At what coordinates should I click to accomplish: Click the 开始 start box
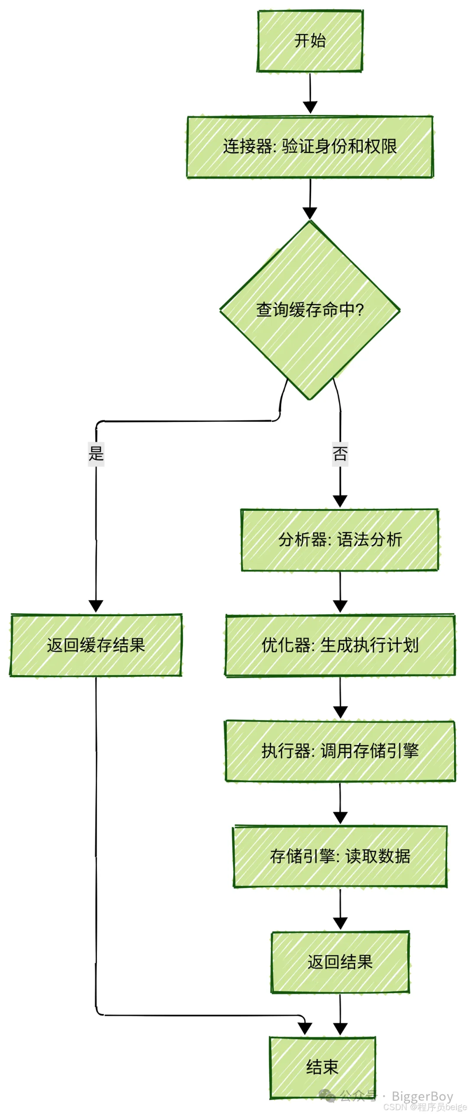point(310,41)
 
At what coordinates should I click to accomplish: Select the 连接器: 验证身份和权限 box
point(310,147)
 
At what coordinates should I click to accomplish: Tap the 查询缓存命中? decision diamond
point(310,310)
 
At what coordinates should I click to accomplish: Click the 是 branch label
point(96,454)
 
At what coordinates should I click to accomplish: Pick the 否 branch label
point(340,454)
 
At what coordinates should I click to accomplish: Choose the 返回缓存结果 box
point(96,645)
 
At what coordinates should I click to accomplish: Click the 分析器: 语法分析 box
point(340,540)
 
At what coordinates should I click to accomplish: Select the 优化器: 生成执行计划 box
point(340,645)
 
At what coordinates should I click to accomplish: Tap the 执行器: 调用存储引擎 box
point(340,751)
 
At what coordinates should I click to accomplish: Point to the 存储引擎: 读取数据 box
point(340,856)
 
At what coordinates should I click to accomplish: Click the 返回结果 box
point(340,962)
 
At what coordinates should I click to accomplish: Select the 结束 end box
point(322,1067)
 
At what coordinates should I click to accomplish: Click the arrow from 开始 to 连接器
point(310,93)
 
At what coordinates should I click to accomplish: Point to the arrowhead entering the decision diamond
point(310,213)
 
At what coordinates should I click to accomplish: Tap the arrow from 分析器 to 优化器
point(340,592)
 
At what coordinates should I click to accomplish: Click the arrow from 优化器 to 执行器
point(340,698)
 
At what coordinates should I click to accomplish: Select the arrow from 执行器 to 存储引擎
point(340,803)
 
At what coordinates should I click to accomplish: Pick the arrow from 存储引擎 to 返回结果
point(340,909)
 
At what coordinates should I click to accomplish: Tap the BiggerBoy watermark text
point(422,1097)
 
